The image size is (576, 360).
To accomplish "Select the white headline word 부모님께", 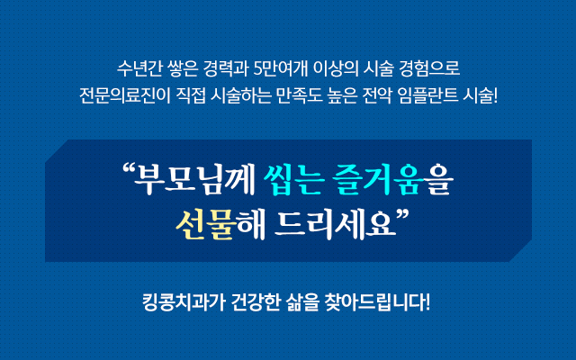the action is tap(194, 180).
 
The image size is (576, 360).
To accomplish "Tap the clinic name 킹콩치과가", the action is tap(183, 302).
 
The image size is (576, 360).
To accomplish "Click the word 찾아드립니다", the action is tap(378, 302).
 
